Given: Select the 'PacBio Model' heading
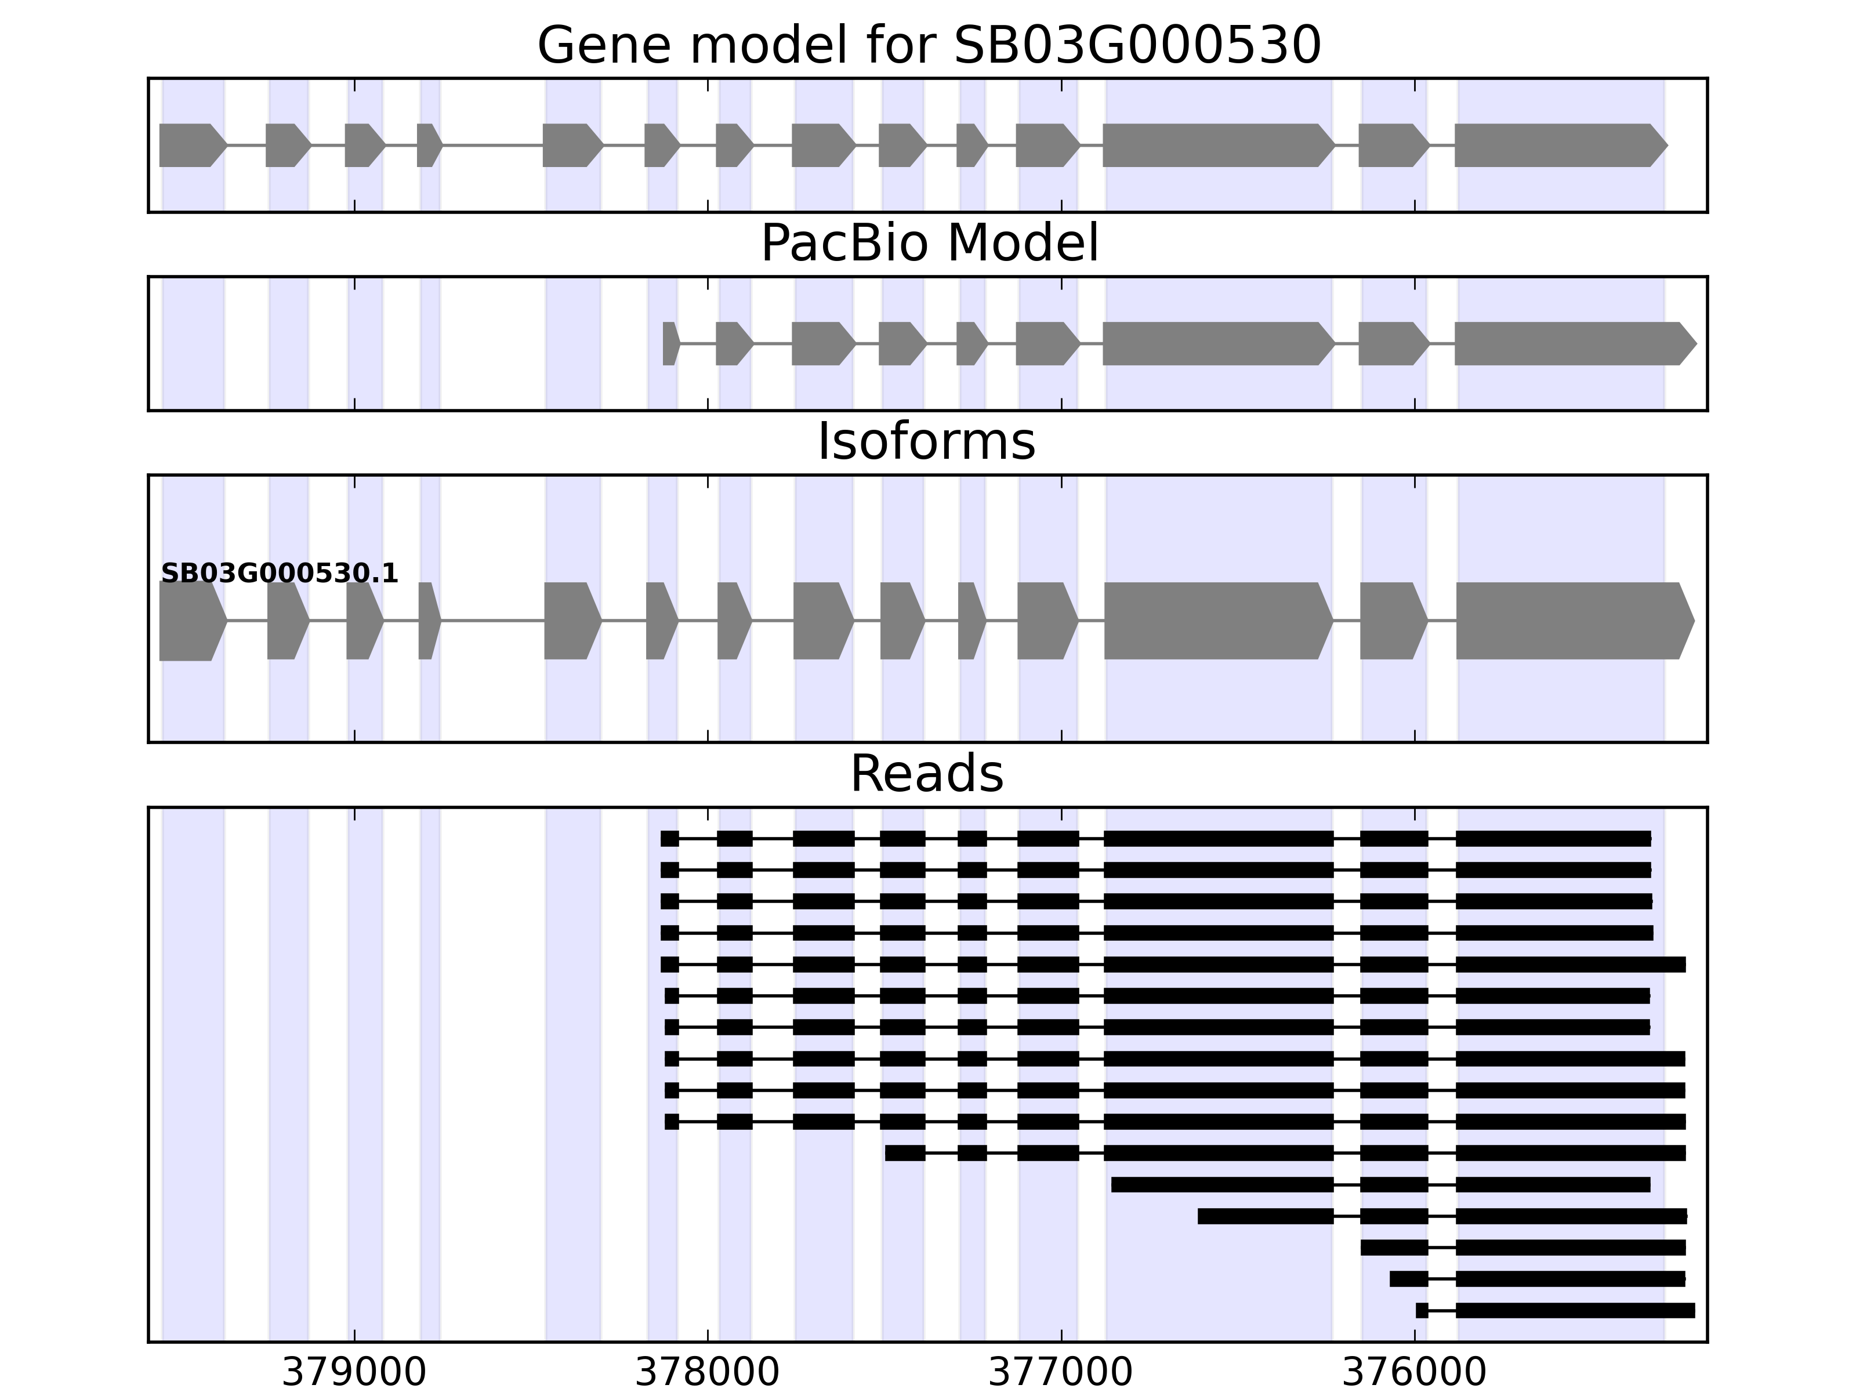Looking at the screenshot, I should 928,244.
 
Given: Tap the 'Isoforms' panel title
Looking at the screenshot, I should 926,442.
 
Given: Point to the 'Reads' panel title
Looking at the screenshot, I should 926,774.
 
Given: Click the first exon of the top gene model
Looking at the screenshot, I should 190,145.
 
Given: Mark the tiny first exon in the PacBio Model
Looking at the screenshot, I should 669,343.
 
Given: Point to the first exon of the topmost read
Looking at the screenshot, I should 669,838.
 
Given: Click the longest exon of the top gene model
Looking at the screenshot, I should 1217,145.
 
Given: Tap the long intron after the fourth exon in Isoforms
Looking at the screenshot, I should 492,621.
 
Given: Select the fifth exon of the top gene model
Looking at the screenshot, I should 571,145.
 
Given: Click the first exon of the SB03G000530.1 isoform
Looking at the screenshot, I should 190,621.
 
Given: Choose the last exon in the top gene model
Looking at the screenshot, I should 1559,145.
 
